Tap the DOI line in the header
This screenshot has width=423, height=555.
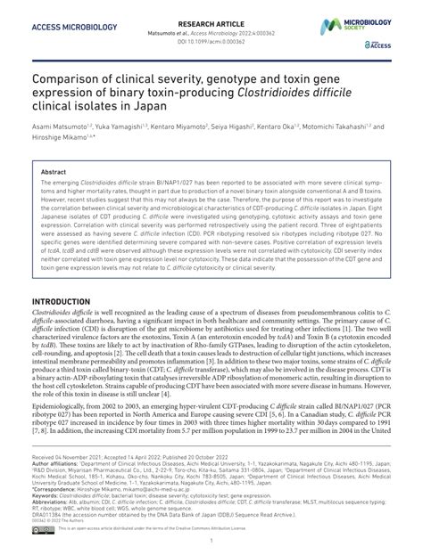(x=211, y=40)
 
